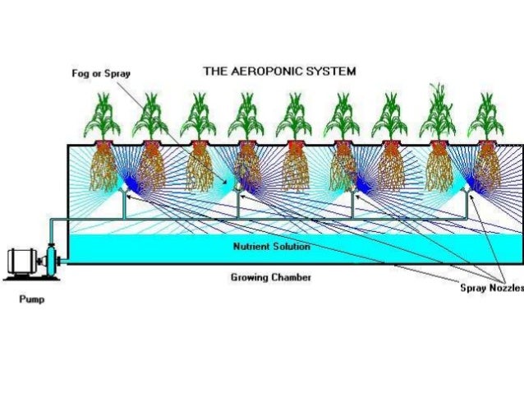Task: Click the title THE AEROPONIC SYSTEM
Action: pyautogui.click(x=279, y=72)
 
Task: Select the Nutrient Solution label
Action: pyautogui.click(x=271, y=246)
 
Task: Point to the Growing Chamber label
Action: pyautogui.click(x=270, y=278)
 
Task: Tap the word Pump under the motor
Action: pyautogui.click(x=32, y=299)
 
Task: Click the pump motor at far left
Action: pyautogui.click(x=25, y=262)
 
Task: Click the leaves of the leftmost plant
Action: pyautogui.click(x=103, y=118)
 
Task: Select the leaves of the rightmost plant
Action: pyautogui.click(x=486, y=118)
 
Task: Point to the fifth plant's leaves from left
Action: pyautogui.click(x=294, y=118)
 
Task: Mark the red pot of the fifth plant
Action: pyautogui.click(x=294, y=146)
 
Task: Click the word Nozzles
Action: pyautogui.click(x=506, y=290)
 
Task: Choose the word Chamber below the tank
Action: pyautogui.click(x=291, y=278)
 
